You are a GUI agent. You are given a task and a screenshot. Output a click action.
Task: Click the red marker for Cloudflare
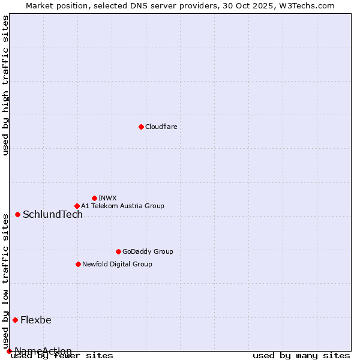pos(141,127)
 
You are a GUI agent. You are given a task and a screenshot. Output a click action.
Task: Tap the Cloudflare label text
pos(161,127)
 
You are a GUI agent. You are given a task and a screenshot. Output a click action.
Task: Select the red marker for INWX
pos(94,198)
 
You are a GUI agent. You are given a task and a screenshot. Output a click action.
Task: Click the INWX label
pos(107,198)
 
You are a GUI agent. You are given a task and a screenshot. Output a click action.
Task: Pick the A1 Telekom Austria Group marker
pos(77,206)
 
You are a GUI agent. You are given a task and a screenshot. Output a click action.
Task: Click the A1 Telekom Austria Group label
pos(122,206)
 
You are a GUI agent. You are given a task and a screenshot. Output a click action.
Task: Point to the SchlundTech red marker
pos(17,214)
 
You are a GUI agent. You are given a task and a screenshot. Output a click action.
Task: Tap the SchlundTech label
pos(53,215)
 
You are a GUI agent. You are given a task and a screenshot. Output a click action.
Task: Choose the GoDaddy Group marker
pos(118,251)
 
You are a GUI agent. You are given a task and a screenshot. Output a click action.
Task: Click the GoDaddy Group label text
pos(148,251)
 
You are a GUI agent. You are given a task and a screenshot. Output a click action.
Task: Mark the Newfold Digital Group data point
pos(78,264)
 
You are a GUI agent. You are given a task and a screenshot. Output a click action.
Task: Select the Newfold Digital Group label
pos(117,264)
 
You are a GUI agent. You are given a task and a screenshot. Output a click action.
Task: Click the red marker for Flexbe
pos(15,320)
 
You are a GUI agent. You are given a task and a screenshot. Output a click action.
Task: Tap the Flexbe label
pos(36,320)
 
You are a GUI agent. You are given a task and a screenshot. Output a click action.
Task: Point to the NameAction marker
pos(9,351)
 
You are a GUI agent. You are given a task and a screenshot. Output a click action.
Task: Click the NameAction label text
pos(43,351)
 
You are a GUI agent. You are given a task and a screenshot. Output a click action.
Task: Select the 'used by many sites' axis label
pos(301,355)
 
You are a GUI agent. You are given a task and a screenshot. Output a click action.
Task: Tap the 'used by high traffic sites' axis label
pos(5,85)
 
